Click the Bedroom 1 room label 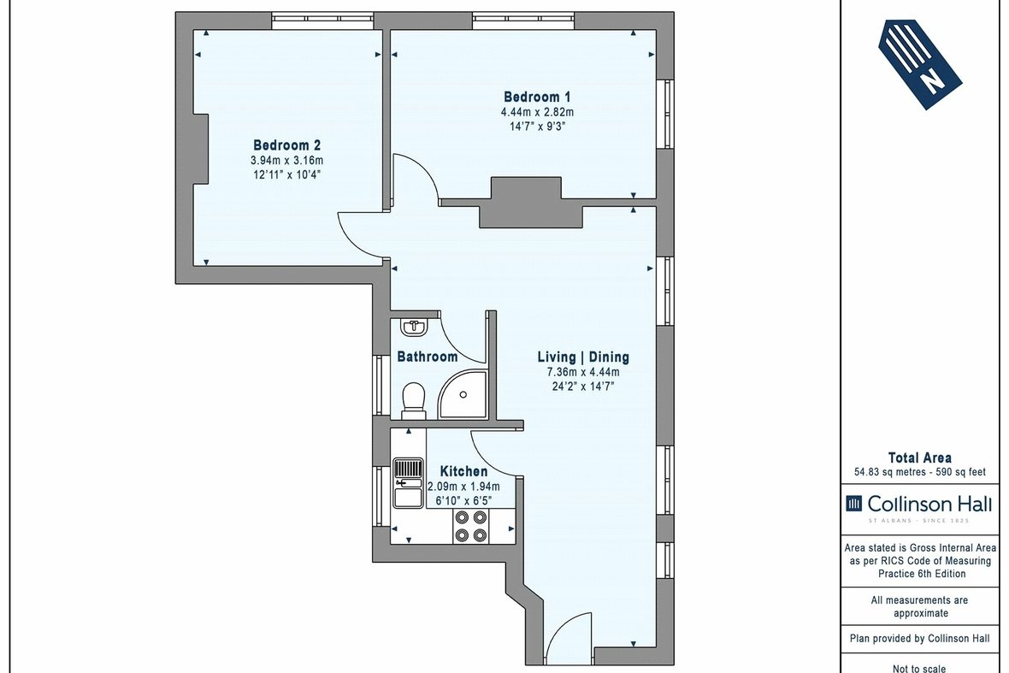[x=537, y=97]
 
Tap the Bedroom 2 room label [x=286, y=145]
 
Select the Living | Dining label [x=583, y=357]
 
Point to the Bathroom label [x=428, y=357]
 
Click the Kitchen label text [x=463, y=471]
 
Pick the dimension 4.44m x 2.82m [x=537, y=112]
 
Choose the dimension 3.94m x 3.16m [x=286, y=160]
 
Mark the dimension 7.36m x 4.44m [x=583, y=372]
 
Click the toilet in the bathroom [x=414, y=398]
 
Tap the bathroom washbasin [x=415, y=327]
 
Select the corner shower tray [x=463, y=394]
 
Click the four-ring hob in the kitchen [x=470, y=525]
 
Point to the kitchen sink [x=408, y=483]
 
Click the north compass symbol [x=920, y=63]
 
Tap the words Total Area [x=919, y=458]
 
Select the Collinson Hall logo [x=919, y=505]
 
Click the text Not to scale [x=919, y=669]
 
